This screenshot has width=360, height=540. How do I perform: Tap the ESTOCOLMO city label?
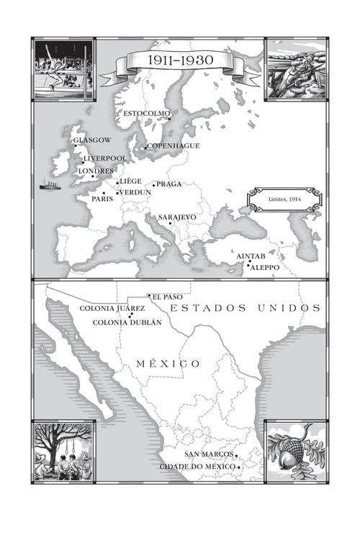147,114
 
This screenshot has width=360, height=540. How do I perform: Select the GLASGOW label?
92,140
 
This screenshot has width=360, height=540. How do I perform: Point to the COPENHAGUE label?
174,145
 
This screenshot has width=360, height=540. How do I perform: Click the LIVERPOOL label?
105,158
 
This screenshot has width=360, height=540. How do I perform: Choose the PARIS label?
102,199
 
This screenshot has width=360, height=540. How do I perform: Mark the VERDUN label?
135,193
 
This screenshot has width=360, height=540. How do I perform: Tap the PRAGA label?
169,184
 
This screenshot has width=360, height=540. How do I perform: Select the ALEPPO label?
266,267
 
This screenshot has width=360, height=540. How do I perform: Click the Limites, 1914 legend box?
284,199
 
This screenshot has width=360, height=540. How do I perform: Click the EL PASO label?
167,297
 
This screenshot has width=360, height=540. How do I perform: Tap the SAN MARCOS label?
209,455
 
